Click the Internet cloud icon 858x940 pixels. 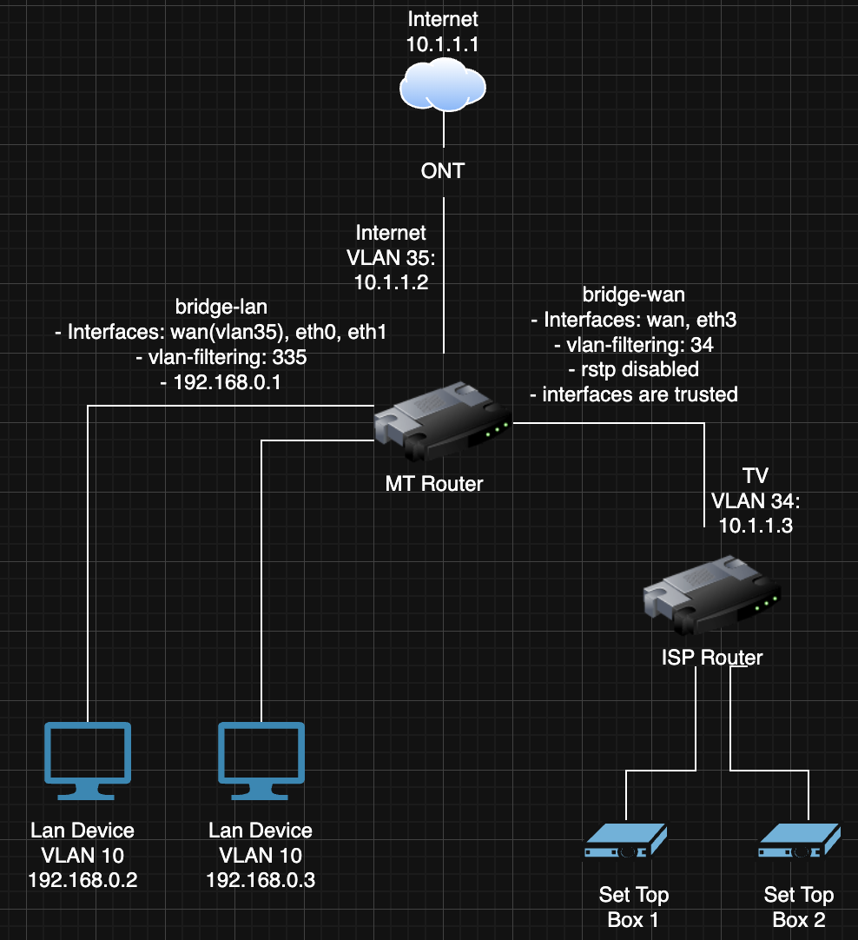[x=443, y=85]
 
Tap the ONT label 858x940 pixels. [x=443, y=171]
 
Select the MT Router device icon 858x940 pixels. [x=444, y=421]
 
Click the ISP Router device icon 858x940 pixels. [x=712, y=596]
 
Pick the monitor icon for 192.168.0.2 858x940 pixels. [x=88, y=761]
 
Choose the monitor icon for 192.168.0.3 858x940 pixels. [x=261, y=761]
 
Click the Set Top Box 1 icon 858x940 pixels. [x=625, y=840]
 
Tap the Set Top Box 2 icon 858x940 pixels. [x=799, y=840]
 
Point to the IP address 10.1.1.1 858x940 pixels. [x=443, y=44]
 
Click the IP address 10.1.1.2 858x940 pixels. [x=392, y=282]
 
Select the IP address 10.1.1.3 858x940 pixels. [x=756, y=526]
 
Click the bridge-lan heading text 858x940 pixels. [x=221, y=307]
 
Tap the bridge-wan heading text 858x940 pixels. [x=634, y=295]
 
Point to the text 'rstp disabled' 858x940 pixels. [x=640, y=369]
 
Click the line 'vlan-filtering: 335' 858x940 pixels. [x=227, y=357]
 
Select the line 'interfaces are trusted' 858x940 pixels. [x=640, y=394]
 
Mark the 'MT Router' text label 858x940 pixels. [x=434, y=484]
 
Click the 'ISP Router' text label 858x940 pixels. [x=712, y=658]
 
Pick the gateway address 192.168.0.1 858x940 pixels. [x=227, y=382]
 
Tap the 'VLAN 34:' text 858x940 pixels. [x=756, y=501]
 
